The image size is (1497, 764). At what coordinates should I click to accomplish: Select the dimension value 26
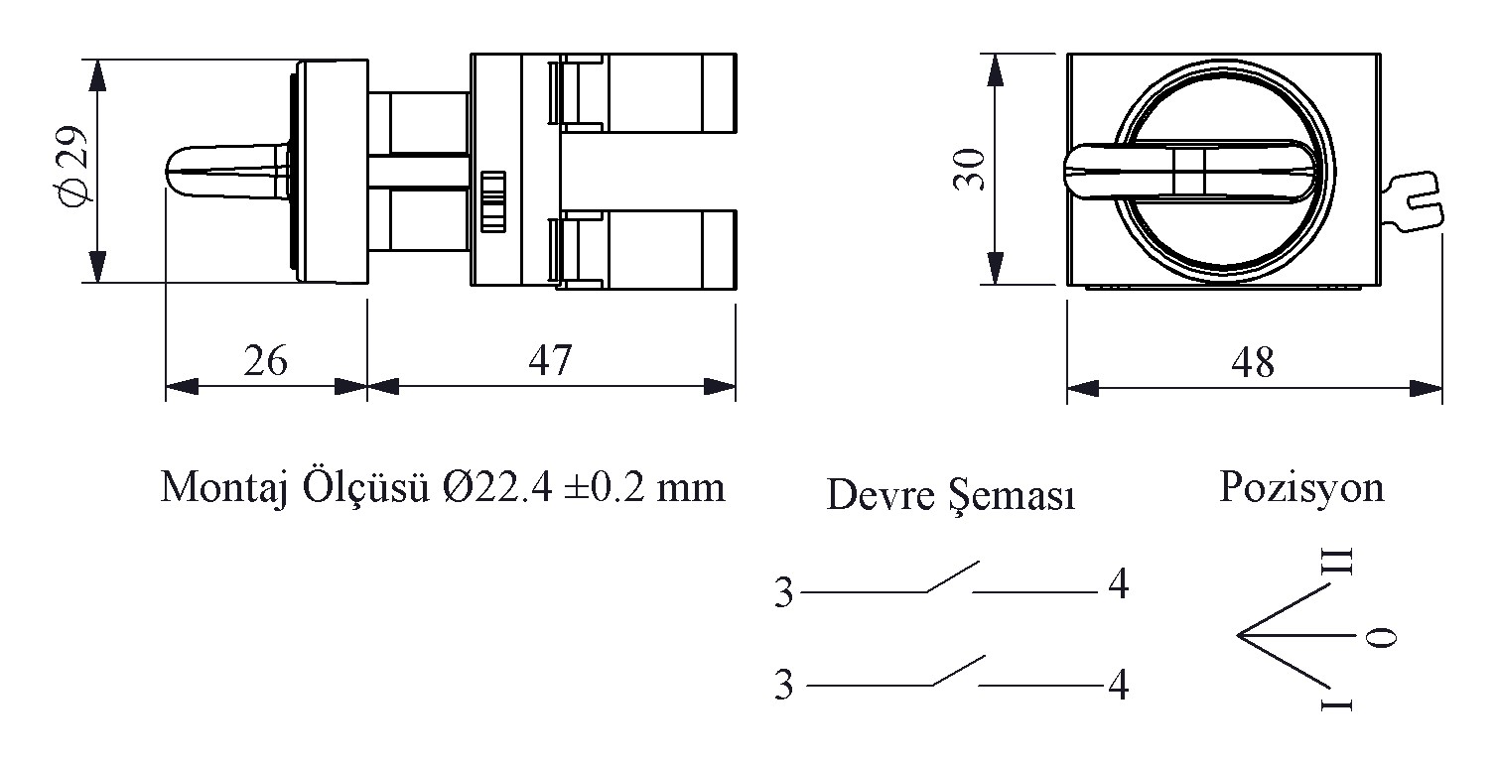click(265, 360)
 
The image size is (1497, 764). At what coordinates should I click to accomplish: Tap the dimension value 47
click(550, 360)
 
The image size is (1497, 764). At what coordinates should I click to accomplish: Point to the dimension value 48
click(1253, 362)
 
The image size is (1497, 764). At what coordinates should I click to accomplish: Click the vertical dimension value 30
click(970, 170)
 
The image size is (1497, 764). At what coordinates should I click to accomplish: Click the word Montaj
click(224, 489)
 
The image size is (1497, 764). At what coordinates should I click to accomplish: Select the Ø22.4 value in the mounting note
click(497, 487)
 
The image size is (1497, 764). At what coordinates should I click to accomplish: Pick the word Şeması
click(1013, 495)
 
